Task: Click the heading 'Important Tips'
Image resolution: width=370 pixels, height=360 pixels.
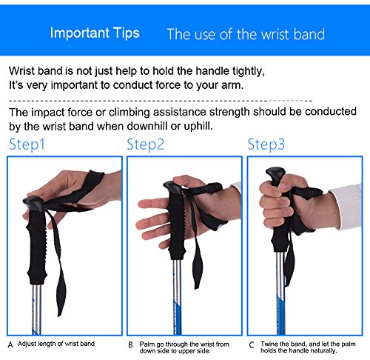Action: (x=95, y=33)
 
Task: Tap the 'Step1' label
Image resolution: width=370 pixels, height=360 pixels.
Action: (x=27, y=144)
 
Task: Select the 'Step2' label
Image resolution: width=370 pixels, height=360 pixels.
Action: (x=145, y=144)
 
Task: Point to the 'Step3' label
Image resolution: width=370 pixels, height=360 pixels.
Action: (x=266, y=144)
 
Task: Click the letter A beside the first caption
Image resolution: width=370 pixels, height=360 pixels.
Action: (x=10, y=344)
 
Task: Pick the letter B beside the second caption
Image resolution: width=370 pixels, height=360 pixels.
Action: (x=131, y=344)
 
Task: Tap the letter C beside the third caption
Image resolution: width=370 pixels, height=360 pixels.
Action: (x=252, y=344)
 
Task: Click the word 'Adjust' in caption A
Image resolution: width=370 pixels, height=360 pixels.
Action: (x=27, y=344)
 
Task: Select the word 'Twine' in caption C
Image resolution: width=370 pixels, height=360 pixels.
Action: (x=269, y=344)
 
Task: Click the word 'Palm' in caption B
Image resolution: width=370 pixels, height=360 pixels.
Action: (x=147, y=344)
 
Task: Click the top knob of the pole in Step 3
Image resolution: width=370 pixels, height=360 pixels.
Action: (x=275, y=175)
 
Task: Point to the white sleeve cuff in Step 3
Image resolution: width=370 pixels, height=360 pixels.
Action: (x=346, y=206)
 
